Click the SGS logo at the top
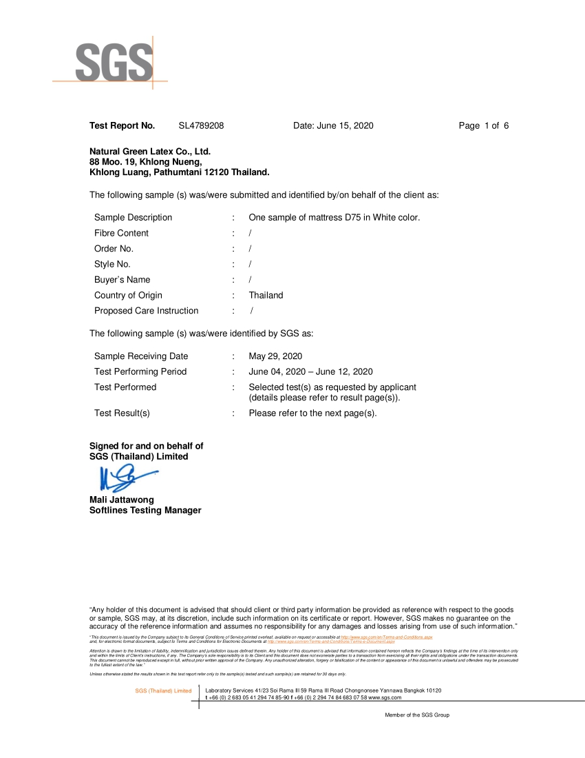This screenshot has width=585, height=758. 114,63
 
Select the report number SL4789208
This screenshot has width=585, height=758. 201,125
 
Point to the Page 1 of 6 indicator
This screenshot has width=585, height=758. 484,125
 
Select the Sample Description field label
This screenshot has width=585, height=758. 133,218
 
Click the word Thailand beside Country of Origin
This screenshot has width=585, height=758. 266,296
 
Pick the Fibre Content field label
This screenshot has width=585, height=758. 121,233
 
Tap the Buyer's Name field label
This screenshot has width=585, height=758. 122,280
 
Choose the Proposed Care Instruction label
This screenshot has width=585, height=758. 146,311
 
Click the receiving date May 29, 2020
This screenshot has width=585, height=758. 275,356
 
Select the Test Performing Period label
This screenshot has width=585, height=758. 140,371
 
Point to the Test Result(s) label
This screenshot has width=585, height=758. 122,413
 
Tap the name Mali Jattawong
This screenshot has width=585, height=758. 122,500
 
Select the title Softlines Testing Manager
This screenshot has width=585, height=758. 145,511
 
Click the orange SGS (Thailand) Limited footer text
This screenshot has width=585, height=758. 163,690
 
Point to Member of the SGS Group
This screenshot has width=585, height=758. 417,715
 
